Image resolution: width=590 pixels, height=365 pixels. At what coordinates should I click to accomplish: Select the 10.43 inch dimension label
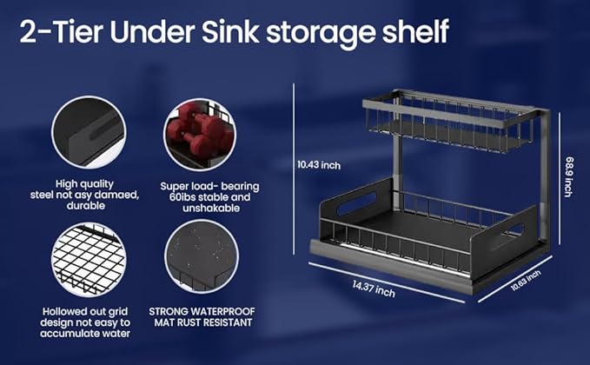318,164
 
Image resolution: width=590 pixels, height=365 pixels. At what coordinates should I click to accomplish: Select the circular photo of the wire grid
90,259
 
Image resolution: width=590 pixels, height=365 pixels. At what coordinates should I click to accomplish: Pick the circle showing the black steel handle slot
90,136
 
